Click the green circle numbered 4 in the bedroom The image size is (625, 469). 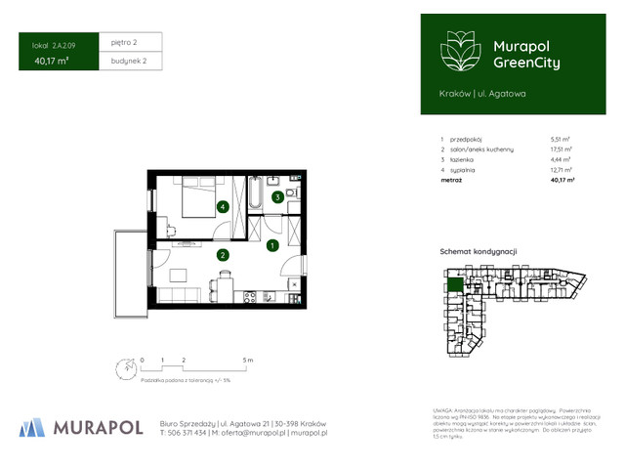pyautogui.click(x=224, y=207)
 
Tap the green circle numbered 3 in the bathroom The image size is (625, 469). pyautogui.click(x=278, y=196)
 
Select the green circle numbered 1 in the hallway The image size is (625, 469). pyautogui.click(x=272, y=244)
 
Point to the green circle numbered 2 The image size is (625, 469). pyautogui.click(x=223, y=255)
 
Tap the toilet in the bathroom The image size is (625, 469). pyautogui.click(x=275, y=180)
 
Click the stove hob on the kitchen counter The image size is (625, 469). pyautogui.click(x=249, y=296)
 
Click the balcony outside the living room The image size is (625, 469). pyautogui.click(x=130, y=275)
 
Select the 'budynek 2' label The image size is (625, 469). pyautogui.click(x=129, y=62)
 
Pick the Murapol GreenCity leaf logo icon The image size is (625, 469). pyautogui.click(x=456, y=51)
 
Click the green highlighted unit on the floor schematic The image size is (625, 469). pyautogui.click(x=454, y=285)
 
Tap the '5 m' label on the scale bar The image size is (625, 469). pyautogui.click(x=248, y=361)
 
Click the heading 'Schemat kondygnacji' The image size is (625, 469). pyautogui.click(x=479, y=251)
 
